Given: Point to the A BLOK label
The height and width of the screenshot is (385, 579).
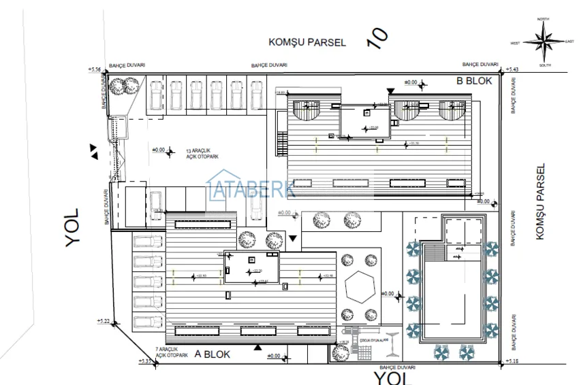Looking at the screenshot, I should (213, 354).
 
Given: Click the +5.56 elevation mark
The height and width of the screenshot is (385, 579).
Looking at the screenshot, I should (94, 69).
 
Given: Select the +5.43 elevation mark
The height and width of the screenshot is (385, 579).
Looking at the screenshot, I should (513, 69).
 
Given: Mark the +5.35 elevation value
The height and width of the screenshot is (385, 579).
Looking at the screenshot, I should (145, 361).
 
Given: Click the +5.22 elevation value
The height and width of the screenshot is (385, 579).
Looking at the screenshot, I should (104, 320).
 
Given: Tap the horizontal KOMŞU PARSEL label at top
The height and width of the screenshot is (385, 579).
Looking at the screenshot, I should (307, 42).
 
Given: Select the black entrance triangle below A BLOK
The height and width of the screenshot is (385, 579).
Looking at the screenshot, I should (257, 347).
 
